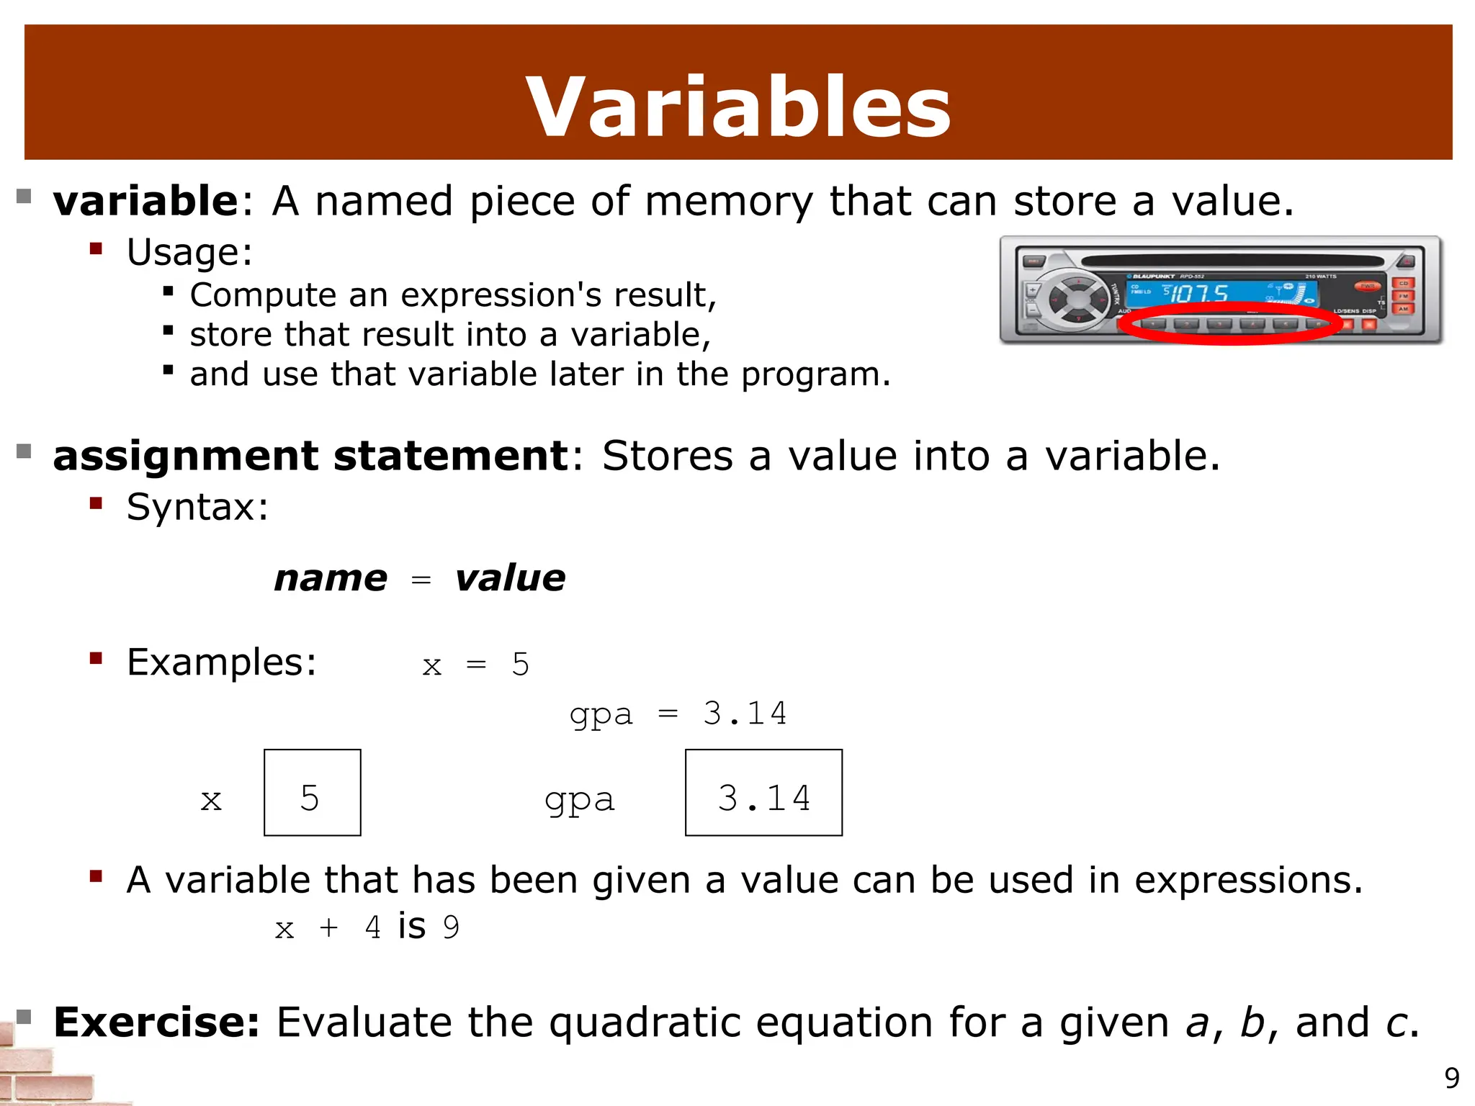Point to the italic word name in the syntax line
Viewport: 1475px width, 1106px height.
331,578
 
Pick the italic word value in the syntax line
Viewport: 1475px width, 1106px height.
510,578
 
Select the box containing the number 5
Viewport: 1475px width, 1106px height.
312,792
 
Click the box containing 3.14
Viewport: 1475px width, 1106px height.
763,792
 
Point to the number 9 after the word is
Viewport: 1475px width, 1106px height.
452,927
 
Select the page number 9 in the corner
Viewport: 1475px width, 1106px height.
1452,1078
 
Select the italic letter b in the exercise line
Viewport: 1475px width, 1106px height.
1252,1022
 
